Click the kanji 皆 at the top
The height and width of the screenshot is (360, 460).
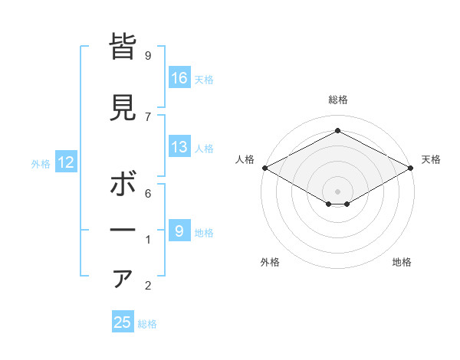point(123,47)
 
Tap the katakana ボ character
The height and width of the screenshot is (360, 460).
point(123,185)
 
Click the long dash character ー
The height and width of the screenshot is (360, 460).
point(123,231)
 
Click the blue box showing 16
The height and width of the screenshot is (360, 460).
point(180,78)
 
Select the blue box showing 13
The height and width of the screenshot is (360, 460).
point(180,147)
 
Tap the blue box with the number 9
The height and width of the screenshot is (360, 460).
point(180,231)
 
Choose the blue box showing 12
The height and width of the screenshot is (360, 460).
point(65,162)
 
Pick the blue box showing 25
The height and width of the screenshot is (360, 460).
point(123,322)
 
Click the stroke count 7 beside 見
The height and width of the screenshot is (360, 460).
point(148,116)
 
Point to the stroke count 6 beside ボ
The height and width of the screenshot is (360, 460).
point(148,193)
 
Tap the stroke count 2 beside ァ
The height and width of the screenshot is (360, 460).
point(148,286)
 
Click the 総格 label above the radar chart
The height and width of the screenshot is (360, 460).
point(337,100)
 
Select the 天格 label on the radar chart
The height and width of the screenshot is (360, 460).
point(431,159)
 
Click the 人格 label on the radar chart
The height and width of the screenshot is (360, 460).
point(245,159)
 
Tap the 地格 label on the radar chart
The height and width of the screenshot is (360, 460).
point(402,262)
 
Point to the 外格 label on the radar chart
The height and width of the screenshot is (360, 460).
point(270,262)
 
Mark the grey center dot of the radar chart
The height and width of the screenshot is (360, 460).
point(337,190)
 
